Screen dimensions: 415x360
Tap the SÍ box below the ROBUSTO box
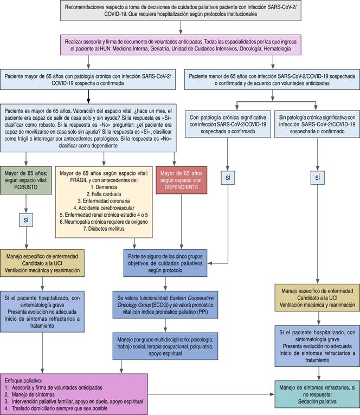click(x=27, y=221)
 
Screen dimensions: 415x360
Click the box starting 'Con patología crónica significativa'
click(x=227, y=124)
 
